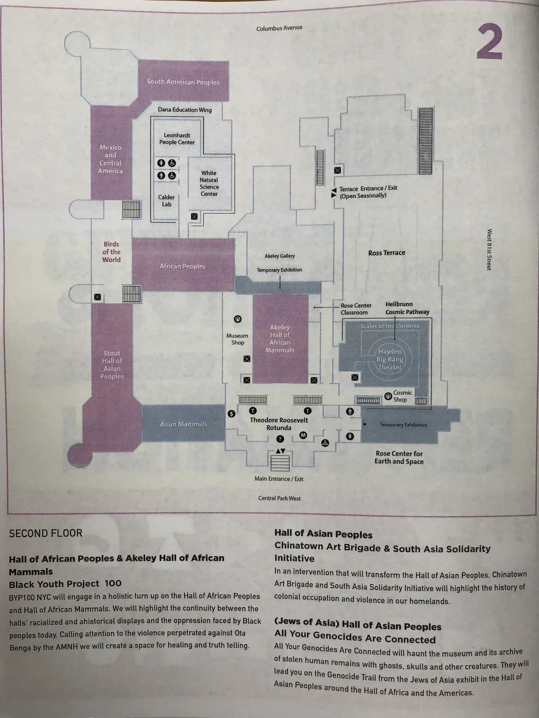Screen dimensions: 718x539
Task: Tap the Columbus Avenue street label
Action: pyautogui.click(x=279, y=28)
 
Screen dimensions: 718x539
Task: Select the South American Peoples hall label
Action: pyautogui.click(x=183, y=82)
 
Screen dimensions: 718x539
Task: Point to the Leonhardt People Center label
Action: pyautogui.click(x=177, y=139)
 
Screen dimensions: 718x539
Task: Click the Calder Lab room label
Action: pyautogui.click(x=166, y=201)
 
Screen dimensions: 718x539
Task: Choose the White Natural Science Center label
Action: pyautogui.click(x=209, y=183)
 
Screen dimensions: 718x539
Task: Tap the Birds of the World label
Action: pyautogui.click(x=111, y=252)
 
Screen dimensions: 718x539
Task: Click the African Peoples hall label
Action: pyautogui.click(x=183, y=266)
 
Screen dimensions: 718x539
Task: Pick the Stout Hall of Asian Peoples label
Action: pyautogui.click(x=112, y=365)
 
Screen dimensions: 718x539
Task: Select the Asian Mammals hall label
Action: pyautogui.click(x=183, y=424)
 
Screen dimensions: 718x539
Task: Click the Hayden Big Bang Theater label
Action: pyautogui.click(x=390, y=359)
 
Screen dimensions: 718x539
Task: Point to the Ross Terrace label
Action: pyautogui.click(x=387, y=253)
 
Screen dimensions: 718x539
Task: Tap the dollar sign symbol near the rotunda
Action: pyautogui.click(x=232, y=414)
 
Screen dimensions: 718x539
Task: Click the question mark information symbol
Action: pyautogui.click(x=280, y=439)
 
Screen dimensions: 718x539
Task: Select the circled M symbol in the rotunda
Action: pyautogui.click(x=303, y=435)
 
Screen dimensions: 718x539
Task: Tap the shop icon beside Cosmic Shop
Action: pyautogui.click(x=388, y=396)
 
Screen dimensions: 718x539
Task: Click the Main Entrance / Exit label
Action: pyautogui.click(x=279, y=479)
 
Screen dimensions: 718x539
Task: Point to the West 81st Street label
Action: pyautogui.click(x=489, y=250)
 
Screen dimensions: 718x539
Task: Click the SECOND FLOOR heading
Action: pyautogui.click(x=46, y=533)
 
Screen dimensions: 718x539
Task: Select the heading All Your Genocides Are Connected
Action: pyautogui.click(x=355, y=639)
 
